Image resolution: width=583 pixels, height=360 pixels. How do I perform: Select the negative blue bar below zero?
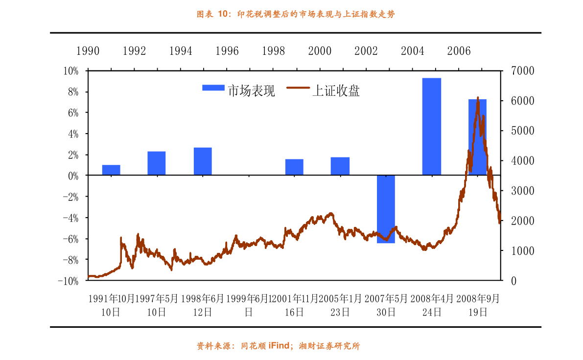[386, 209]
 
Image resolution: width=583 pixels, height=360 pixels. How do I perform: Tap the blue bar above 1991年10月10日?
[111, 170]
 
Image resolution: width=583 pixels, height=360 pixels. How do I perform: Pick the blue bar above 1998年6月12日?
[203, 161]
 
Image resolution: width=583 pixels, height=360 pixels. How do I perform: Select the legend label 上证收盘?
[336, 90]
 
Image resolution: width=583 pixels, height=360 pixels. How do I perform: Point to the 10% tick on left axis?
[71, 71]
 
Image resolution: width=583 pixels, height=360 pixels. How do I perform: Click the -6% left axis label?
[71, 239]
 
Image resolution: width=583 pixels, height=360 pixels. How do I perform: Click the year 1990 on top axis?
[88, 51]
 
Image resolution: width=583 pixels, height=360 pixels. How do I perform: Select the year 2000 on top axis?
[320, 51]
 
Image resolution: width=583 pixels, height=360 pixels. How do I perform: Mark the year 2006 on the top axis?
[459, 51]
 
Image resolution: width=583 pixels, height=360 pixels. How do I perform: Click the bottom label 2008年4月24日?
[432, 305]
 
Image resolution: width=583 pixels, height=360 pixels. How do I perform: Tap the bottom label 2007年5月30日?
[386, 305]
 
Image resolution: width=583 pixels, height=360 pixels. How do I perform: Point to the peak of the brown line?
[478, 98]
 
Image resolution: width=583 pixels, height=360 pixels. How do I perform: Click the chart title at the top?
[295, 15]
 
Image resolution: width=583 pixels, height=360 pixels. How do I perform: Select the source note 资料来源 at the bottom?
[279, 346]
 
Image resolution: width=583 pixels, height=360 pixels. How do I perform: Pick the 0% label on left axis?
[72, 176]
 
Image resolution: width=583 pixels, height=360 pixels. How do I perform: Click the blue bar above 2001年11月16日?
[294, 167]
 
